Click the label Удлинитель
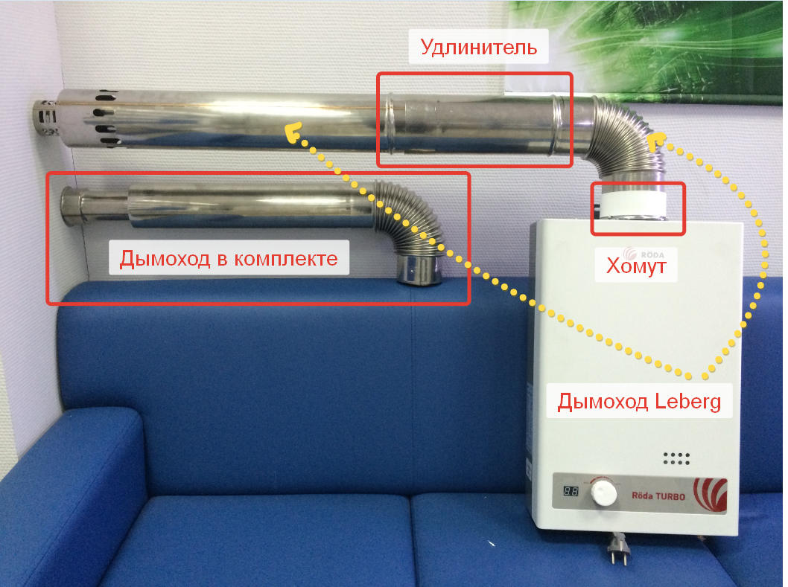pos(478,47)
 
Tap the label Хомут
pos(636,266)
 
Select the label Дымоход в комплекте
pos(229,258)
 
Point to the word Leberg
pos(688,402)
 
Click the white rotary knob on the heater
pos(603,493)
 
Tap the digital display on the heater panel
pos(571,490)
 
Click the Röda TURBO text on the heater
pos(658,496)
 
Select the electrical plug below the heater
pos(617,549)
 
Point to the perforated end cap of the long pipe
pos(46,118)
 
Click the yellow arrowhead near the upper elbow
pos(655,141)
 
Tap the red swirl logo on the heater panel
pos(711,495)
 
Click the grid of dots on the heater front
pos(676,458)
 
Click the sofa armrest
pos(70,482)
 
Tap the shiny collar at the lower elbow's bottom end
pos(419,269)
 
